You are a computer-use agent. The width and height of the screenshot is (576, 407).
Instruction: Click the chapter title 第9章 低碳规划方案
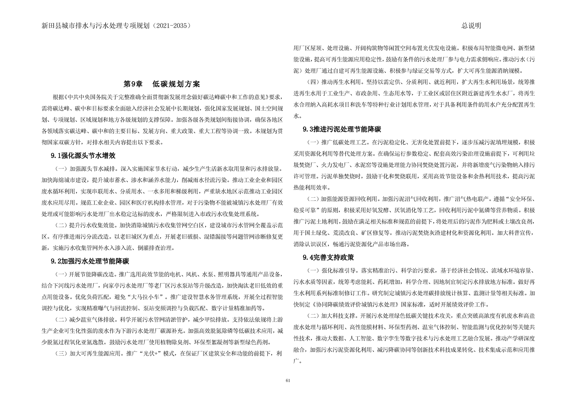click(x=162, y=84)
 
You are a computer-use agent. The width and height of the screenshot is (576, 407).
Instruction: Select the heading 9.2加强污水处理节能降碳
click(x=90, y=261)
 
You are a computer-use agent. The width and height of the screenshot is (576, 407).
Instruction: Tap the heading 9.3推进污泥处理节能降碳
click(x=342, y=129)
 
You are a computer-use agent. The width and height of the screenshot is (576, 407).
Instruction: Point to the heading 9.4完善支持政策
click(x=328, y=258)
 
